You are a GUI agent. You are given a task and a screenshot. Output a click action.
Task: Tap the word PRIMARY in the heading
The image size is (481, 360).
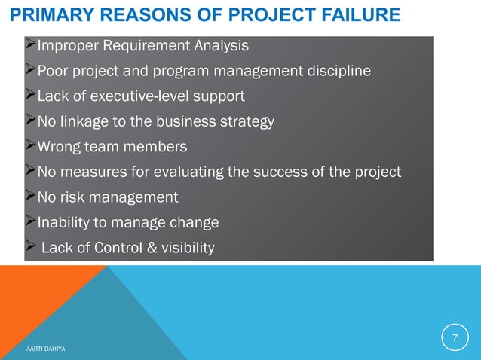(47, 14)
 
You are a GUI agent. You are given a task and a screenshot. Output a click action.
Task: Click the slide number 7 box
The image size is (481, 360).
(455, 337)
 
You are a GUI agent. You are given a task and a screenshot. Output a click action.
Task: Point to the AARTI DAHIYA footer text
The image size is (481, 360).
(44, 349)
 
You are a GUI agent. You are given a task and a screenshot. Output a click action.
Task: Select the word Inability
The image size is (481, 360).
(63, 223)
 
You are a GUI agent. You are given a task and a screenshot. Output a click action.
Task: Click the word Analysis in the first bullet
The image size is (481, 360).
(222, 47)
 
